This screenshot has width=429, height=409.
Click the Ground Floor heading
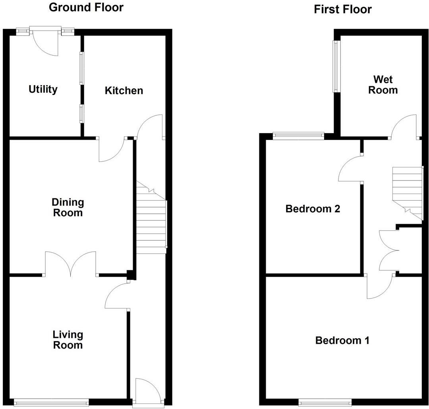[86, 7]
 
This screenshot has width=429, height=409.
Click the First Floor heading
[342, 9]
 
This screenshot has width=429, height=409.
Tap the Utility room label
[43, 89]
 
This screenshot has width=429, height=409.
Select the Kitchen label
[124, 91]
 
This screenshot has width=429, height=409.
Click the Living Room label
[68, 340]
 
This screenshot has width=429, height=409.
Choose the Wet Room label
[383, 85]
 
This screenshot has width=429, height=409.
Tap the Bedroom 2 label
[313, 209]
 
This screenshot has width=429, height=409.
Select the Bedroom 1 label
[342, 341]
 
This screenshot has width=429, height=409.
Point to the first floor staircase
[407, 191]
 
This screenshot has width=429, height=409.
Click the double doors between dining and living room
[71, 264]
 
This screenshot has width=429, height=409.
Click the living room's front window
[51, 403]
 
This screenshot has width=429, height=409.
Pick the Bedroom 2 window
[298, 136]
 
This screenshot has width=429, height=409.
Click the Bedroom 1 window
[325, 403]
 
